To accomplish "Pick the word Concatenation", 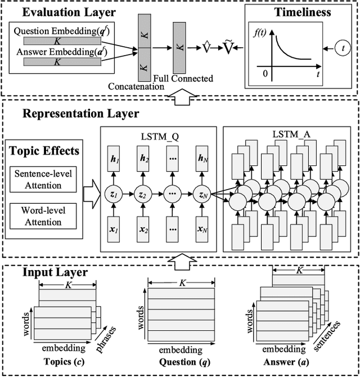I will coord(137,86).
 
